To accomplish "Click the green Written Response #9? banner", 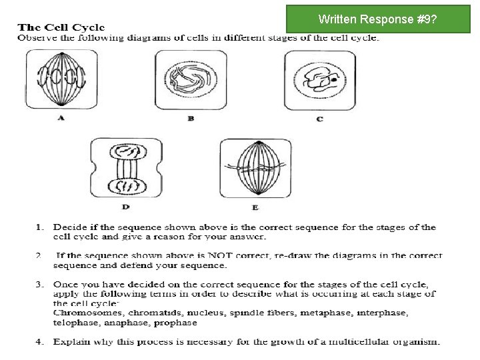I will (377, 19).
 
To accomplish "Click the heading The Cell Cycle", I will (61, 27).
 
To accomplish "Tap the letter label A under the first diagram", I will (61, 118).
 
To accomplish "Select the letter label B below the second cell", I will (191, 119).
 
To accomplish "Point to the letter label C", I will (320, 119).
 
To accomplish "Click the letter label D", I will (126, 207).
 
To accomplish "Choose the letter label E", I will (255, 207).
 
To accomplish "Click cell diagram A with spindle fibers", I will (61, 79).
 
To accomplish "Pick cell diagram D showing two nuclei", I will (126, 168).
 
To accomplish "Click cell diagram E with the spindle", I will (255, 168).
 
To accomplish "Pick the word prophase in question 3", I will (175, 323).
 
